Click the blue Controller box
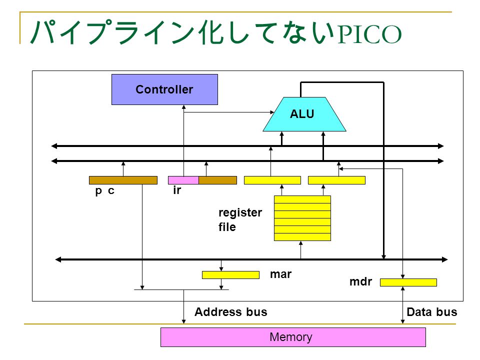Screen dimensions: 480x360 (x=164, y=89)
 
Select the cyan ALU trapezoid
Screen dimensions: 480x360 (x=304, y=114)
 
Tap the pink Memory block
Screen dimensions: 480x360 (x=293, y=337)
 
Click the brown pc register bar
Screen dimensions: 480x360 (x=123, y=180)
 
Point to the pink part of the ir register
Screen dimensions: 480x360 (x=183, y=180)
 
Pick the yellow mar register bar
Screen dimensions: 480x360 (x=230, y=275)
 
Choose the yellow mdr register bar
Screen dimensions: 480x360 (x=408, y=282)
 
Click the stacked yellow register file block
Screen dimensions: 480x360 (x=302, y=218)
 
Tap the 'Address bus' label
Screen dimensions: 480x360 (x=231, y=312)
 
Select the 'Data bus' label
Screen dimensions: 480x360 (x=431, y=312)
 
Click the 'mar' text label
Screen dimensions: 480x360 (x=280, y=274)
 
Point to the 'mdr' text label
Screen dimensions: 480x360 (x=360, y=281)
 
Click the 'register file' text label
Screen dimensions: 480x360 (x=240, y=219)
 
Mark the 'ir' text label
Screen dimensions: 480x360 (x=177, y=190)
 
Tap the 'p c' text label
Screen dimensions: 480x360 (x=104, y=190)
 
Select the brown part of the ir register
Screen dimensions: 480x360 (x=217, y=180)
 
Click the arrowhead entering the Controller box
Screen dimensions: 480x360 (x=183, y=107)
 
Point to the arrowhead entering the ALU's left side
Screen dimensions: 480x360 (x=271, y=112)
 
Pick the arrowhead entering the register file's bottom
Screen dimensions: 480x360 (x=301, y=243)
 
